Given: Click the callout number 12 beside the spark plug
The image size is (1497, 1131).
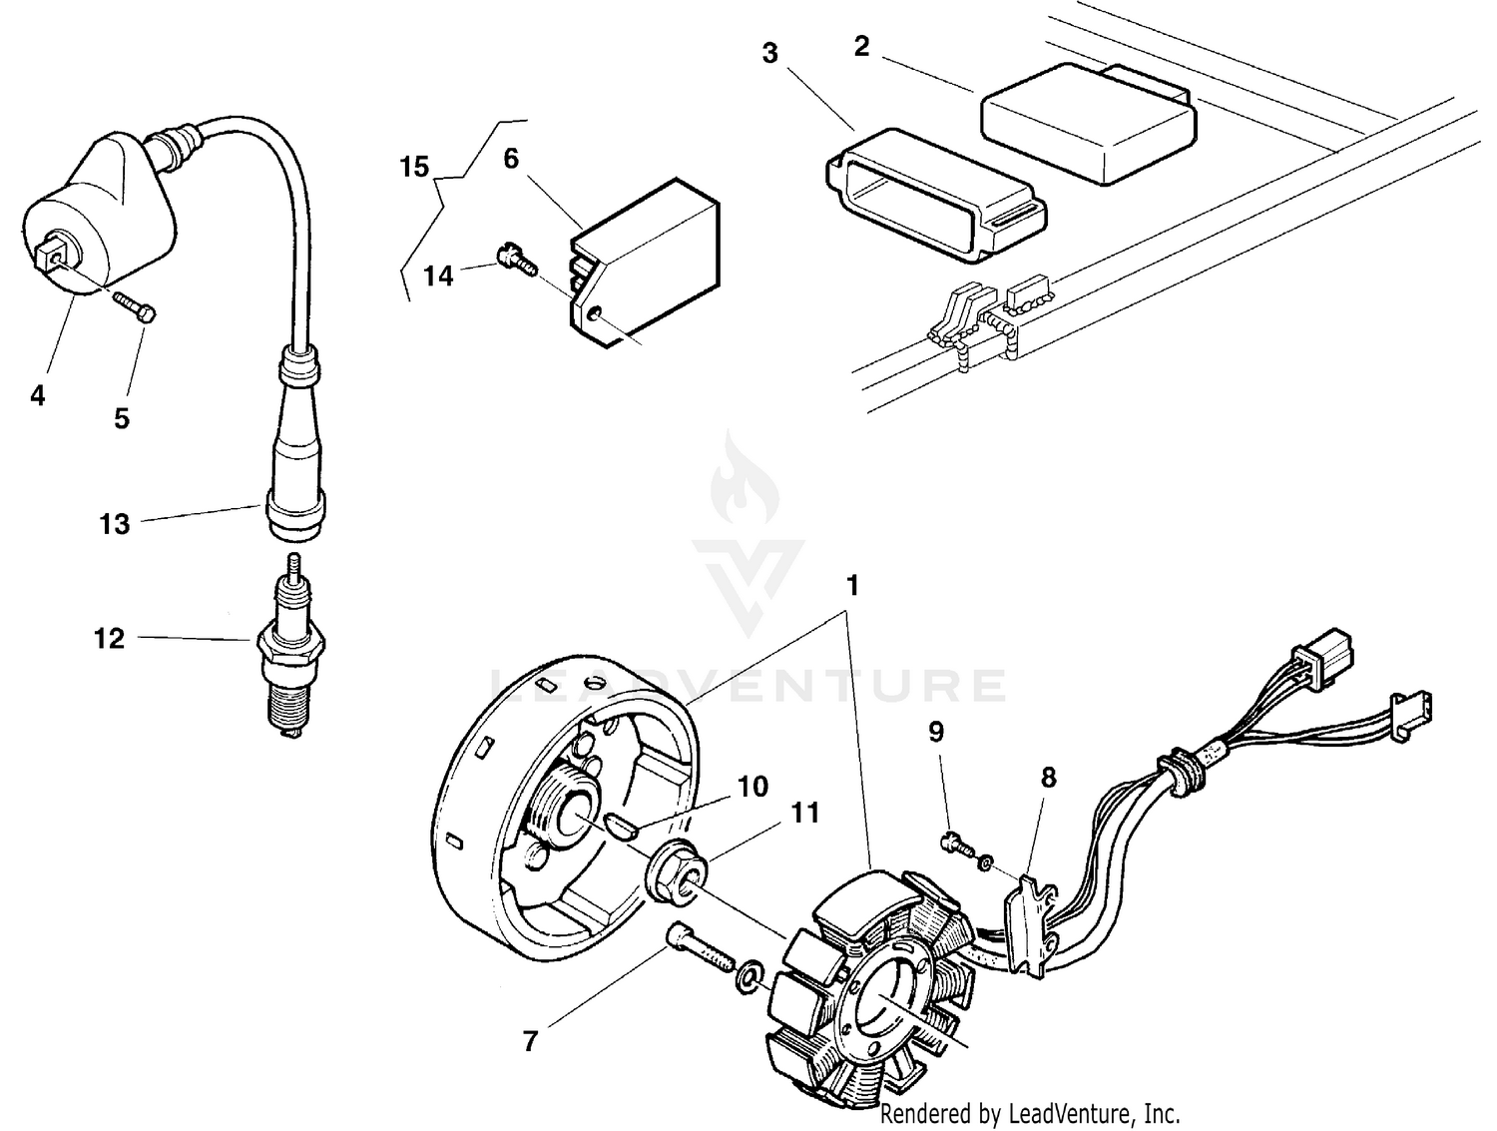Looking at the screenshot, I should pyautogui.click(x=109, y=638).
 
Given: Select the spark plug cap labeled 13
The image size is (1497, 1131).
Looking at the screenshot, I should pyautogui.click(x=295, y=449).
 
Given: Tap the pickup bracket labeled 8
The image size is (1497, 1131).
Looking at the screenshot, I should pyautogui.click(x=1033, y=918).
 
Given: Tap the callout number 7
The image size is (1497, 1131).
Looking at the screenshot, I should pyautogui.click(x=530, y=1041).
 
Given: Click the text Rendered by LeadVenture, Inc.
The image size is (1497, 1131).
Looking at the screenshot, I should pyautogui.click(x=1029, y=1113).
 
